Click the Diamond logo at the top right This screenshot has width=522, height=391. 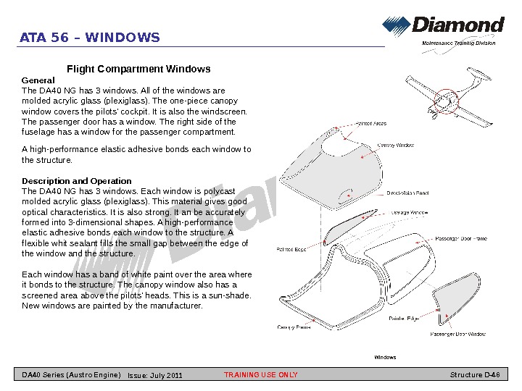click(443, 27)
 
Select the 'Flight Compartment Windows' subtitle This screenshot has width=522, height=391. click(138, 69)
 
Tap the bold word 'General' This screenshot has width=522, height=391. click(38, 80)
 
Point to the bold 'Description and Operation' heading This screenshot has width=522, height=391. click(77, 181)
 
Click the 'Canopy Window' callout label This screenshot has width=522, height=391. click(396, 146)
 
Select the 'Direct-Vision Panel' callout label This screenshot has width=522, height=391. click(407, 193)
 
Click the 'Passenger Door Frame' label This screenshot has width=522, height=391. click(461, 238)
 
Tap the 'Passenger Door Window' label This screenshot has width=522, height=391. click(458, 335)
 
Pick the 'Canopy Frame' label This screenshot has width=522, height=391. click(294, 327)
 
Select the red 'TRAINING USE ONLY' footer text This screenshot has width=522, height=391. click(261, 375)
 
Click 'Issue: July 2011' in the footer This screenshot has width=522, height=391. click(155, 376)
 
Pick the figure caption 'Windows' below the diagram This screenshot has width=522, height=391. click(385, 358)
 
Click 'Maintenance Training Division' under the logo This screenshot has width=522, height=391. click(459, 43)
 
